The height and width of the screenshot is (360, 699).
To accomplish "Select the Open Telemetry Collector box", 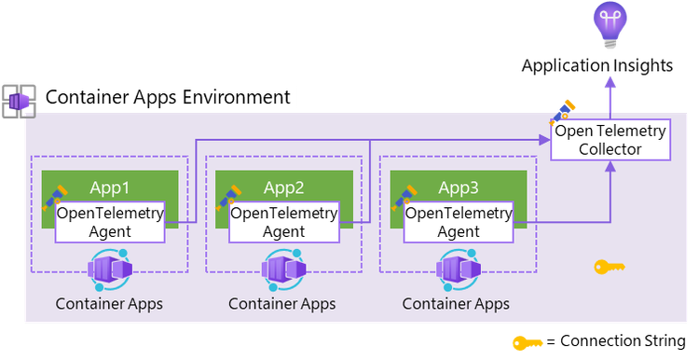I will coord(610,140).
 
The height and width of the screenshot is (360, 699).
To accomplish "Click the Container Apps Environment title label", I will coord(168,97).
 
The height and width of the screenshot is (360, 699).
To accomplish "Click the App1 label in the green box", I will coord(110,186).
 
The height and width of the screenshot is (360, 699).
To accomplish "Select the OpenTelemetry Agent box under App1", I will coord(110,222).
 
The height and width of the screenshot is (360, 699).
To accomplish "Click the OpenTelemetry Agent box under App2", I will coord(283,222).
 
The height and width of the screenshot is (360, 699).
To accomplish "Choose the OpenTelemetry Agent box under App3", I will coord(458,222).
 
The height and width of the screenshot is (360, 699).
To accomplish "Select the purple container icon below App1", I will coord(110,270).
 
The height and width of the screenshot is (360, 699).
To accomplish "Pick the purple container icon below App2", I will coord(283,270).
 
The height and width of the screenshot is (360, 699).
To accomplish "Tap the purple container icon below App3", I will coord(457,270).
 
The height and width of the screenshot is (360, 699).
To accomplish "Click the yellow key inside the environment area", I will coord(610,268).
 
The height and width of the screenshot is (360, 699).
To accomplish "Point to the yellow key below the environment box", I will coord(528,342).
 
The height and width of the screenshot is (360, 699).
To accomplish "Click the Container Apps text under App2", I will coord(282,304).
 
